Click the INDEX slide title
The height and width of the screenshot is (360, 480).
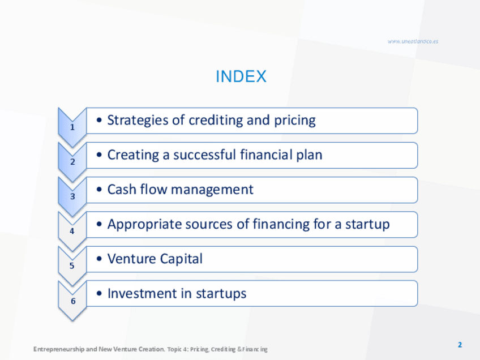pos(241,76)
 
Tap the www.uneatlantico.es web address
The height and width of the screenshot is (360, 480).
pos(413,41)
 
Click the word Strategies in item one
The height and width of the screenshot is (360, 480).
pos(138,121)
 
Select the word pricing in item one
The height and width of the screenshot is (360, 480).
pos(294,121)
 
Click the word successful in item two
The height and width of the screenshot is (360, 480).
pos(204,155)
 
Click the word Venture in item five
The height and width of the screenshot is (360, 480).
pos(132,259)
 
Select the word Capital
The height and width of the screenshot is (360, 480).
pos(181,259)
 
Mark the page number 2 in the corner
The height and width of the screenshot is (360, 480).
pos(460,345)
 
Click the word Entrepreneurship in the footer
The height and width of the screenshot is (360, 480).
pos(59,349)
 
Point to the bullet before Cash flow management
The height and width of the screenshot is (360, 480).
pos(99,190)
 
